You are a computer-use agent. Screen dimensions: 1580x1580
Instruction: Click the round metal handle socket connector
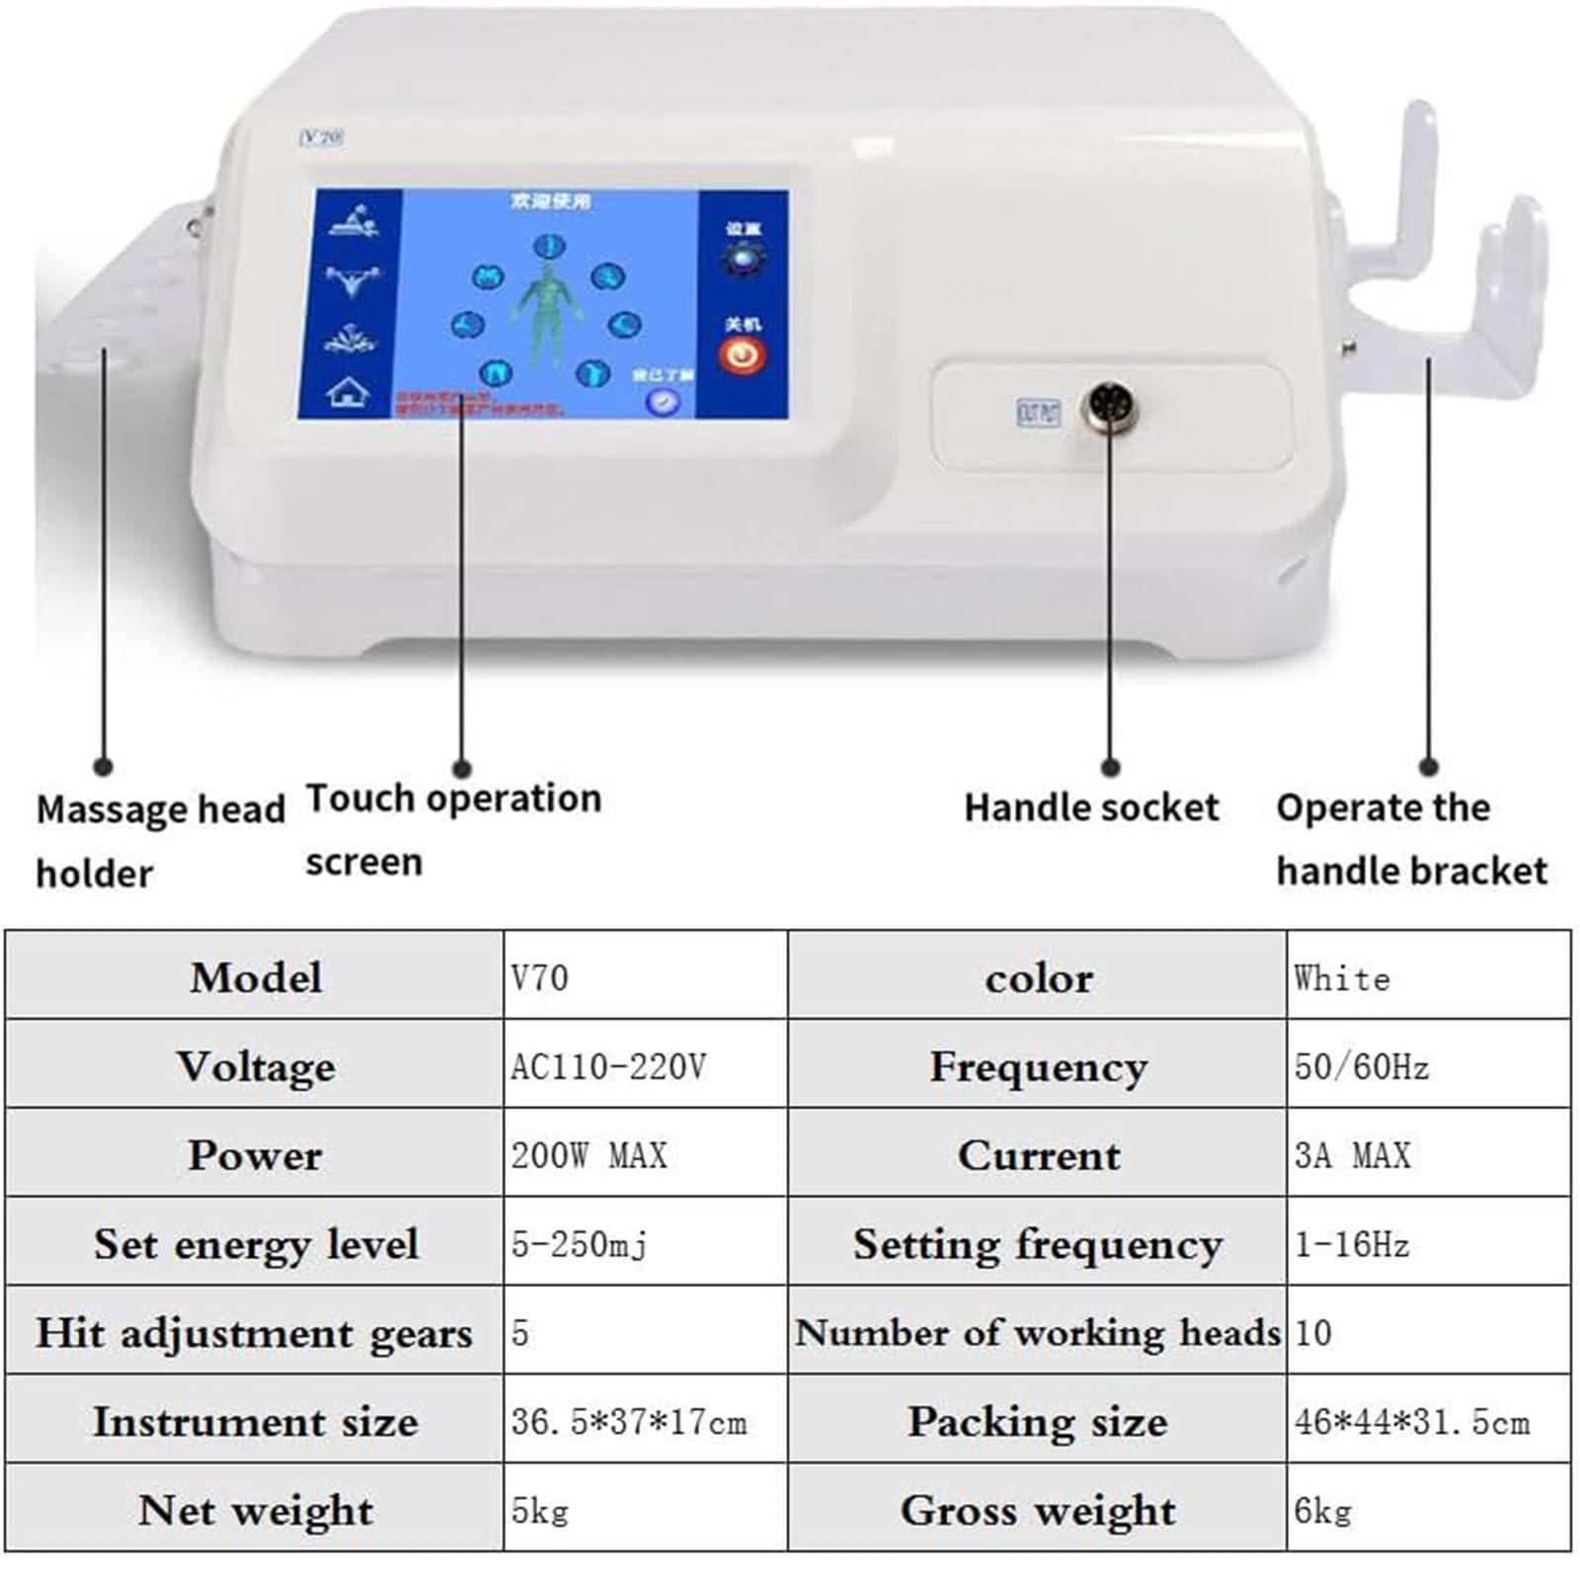[x=1110, y=408]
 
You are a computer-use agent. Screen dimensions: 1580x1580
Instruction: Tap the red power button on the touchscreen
[x=742, y=355]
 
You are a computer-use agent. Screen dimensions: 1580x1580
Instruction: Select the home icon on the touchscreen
[x=349, y=393]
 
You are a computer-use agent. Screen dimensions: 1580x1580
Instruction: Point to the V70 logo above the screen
[x=322, y=138]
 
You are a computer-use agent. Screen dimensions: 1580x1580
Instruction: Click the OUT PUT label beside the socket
[x=1038, y=412]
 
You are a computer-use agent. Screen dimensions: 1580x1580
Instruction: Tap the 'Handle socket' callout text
[x=1091, y=808]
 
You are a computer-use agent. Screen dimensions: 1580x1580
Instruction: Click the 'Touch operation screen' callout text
[x=452, y=829]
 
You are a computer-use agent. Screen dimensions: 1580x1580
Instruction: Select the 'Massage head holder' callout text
[x=160, y=840]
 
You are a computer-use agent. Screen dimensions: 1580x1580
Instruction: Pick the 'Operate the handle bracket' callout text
[x=1411, y=838]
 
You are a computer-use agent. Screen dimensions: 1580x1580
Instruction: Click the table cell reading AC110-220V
[x=608, y=1066]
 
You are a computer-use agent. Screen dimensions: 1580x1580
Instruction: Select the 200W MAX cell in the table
[x=589, y=1155]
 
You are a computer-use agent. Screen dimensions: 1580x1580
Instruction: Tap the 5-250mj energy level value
[x=579, y=1244]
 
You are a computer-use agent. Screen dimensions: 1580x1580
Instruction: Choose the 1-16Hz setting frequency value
[x=1351, y=1244]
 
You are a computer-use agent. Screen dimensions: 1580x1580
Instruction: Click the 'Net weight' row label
[x=256, y=1510]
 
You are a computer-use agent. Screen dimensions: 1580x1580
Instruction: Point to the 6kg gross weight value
[x=1322, y=1510]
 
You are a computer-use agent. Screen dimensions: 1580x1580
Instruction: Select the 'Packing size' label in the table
[x=1037, y=1422]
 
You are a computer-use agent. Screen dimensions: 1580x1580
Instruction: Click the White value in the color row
[x=1342, y=979]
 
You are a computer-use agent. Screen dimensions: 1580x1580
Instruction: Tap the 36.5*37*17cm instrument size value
[x=629, y=1422]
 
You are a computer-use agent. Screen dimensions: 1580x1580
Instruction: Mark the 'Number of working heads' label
[x=1037, y=1333]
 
